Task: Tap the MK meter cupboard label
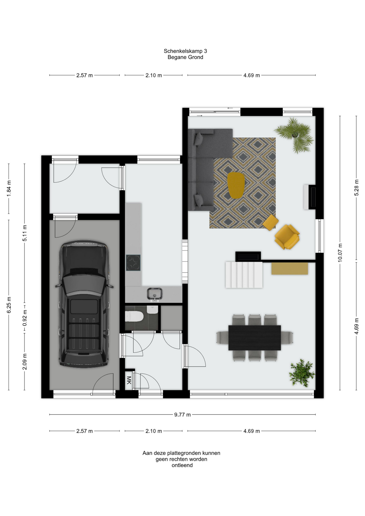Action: [129, 380]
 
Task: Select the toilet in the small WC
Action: [134, 316]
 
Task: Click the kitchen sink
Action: [155, 294]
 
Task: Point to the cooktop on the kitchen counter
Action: [133, 263]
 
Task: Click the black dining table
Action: [255, 338]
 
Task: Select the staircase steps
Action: [244, 275]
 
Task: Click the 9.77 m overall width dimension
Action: [182, 415]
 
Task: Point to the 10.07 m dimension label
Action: [340, 253]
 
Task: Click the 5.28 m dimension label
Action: [356, 188]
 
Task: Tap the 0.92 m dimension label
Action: [24, 318]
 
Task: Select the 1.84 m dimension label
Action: [9, 188]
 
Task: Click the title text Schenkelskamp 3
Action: [185, 51]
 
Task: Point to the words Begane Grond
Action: [185, 57]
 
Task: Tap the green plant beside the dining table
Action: [302, 373]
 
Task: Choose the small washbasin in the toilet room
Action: [152, 309]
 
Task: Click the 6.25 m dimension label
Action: [9, 305]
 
